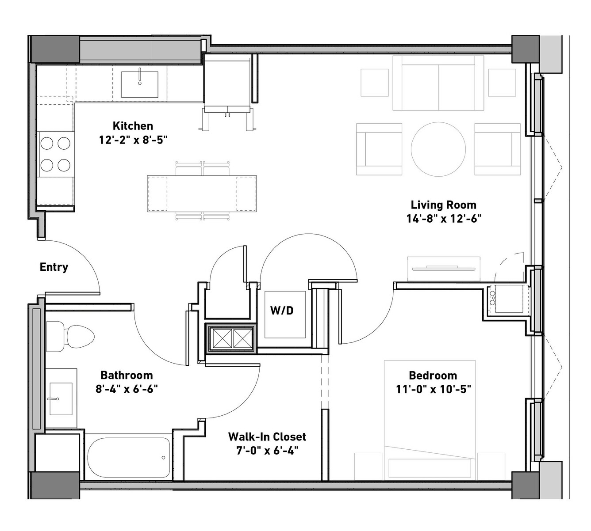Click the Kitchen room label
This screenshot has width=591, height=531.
(133, 126)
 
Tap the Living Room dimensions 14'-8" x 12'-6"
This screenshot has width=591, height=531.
(444, 219)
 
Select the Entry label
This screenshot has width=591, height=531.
(54, 267)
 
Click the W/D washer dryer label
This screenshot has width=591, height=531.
(282, 311)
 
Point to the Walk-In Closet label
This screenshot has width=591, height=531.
(267, 437)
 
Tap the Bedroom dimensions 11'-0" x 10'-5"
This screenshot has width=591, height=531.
(434, 390)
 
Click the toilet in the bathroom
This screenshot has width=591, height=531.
(70, 337)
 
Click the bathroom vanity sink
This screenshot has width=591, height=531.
(61, 399)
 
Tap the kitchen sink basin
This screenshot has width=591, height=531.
(140, 84)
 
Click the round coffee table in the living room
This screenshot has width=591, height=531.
(438, 149)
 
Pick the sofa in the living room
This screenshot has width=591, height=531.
(438, 83)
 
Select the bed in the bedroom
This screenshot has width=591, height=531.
(430, 421)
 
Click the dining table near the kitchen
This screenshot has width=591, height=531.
(202, 193)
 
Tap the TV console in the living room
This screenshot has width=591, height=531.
(444, 269)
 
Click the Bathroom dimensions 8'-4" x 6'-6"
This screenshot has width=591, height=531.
(127, 390)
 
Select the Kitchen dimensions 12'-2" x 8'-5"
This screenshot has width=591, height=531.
(133, 140)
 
